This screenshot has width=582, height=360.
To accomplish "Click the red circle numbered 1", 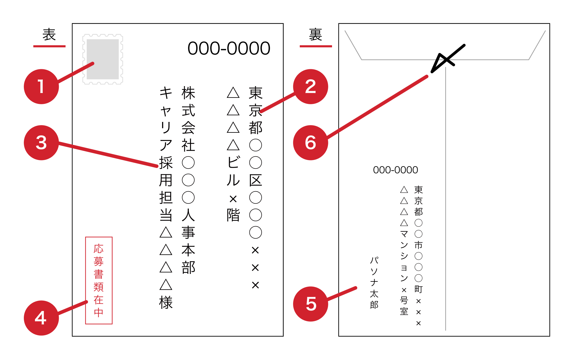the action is click(x=41, y=86).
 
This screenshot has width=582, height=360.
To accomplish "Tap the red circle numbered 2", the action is click(x=310, y=86).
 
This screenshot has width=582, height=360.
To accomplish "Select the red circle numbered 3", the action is click(x=41, y=143).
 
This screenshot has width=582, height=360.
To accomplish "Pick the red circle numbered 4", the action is click(x=41, y=318).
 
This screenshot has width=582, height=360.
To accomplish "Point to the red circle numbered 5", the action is click(x=310, y=304).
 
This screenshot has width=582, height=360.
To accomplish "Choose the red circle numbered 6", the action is click(x=310, y=143).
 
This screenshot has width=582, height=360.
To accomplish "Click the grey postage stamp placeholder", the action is click(x=103, y=59).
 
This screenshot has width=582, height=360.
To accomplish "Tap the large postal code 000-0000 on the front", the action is click(x=229, y=48).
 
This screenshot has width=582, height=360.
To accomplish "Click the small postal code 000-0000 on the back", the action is click(x=395, y=170).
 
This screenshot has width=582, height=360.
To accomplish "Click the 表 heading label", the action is click(x=49, y=35).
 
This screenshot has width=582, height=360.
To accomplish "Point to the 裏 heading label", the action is click(x=315, y=35).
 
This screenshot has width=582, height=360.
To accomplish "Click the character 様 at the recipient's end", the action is click(x=166, y=302).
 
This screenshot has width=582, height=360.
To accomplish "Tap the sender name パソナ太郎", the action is click(x=374, y=282).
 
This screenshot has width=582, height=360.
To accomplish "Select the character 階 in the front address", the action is click(x=233, y=215).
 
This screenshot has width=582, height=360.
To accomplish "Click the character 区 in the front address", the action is click(x=255, y=180).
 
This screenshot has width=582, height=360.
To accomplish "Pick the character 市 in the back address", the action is click(x=418, y=245).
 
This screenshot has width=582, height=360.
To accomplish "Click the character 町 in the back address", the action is click(x=418, y=289).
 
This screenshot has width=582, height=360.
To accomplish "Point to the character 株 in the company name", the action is click(x=188, y=93).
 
